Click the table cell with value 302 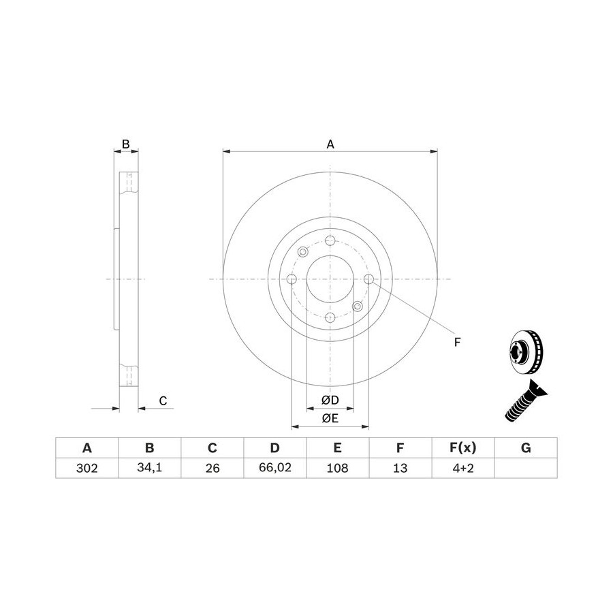click(87, 468)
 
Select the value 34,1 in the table click(149, 468)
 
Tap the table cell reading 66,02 click(275, 468)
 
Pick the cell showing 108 click(337, 468)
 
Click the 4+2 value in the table click(463, 468)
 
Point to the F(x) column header click(463, 447)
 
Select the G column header click(526, 447)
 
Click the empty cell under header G click(526, 468)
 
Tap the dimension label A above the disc click(330, 144)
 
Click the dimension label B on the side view click(125, 144)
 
